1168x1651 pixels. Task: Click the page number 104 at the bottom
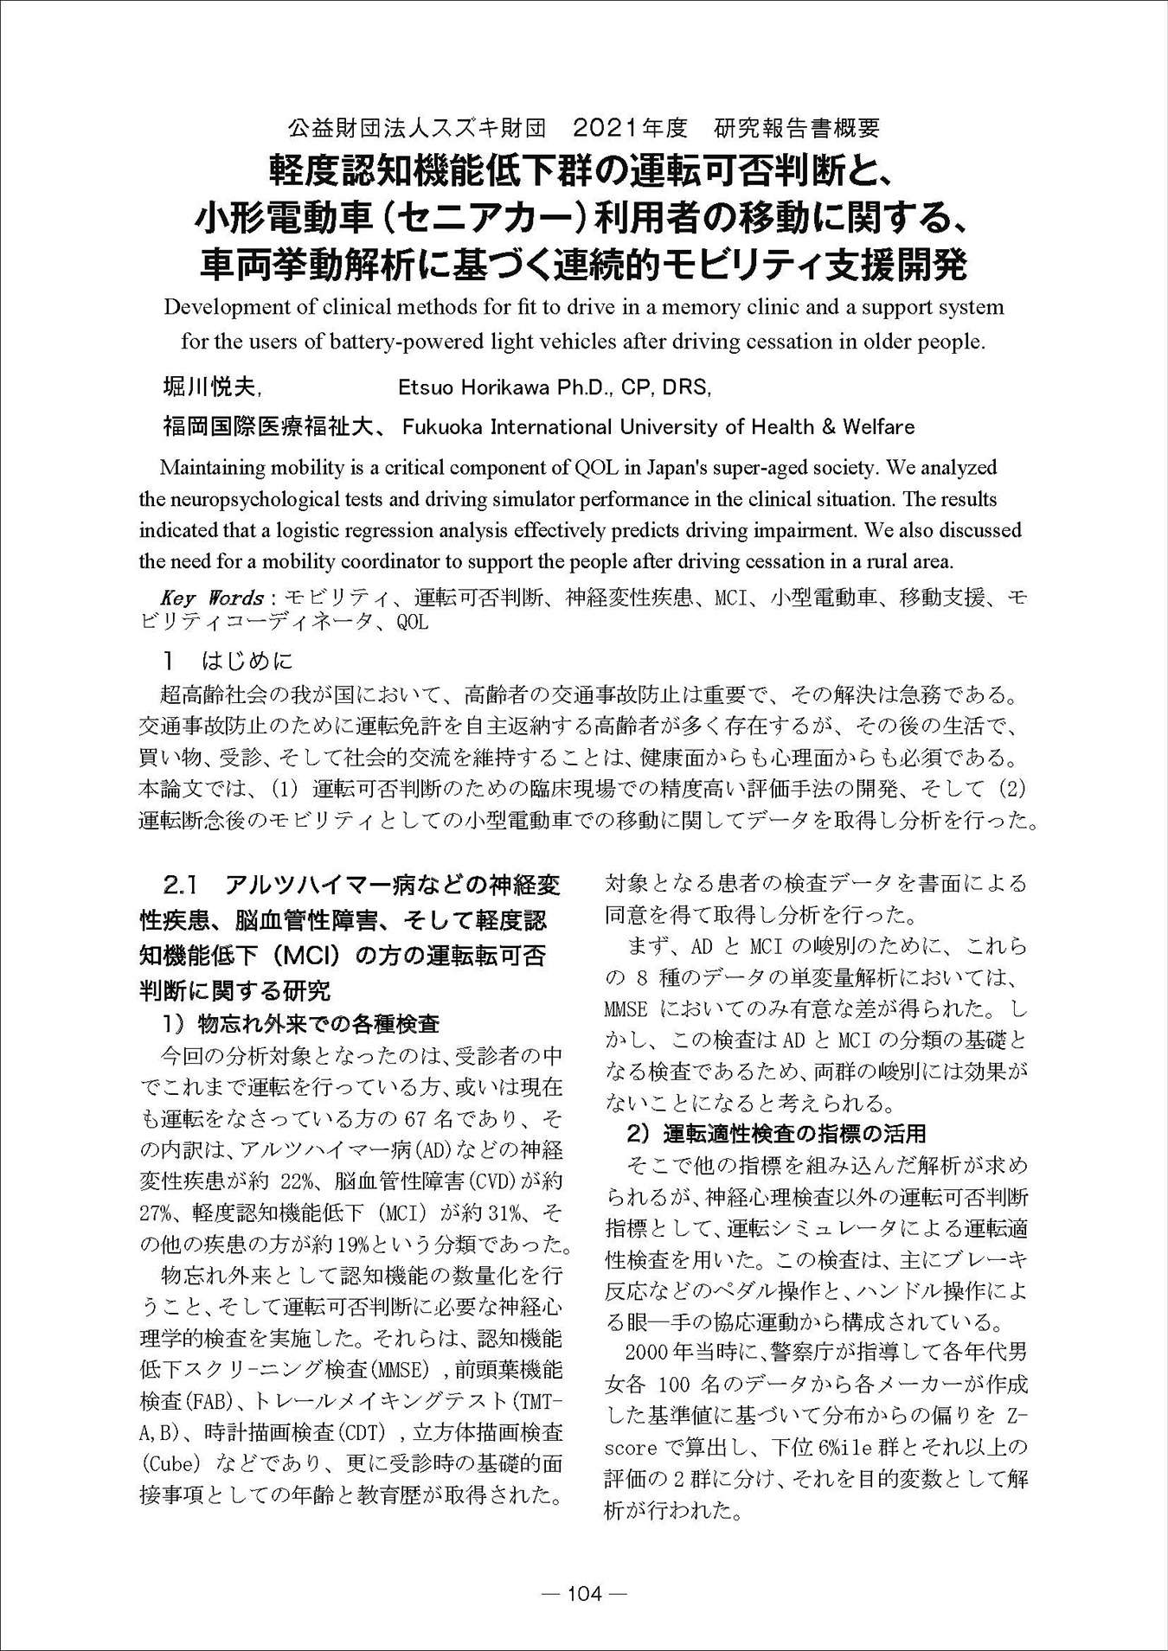(584, 1594)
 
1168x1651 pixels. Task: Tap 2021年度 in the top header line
(630, 128)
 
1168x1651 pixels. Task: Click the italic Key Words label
(212, 598)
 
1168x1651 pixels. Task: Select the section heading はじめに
(247, 662)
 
